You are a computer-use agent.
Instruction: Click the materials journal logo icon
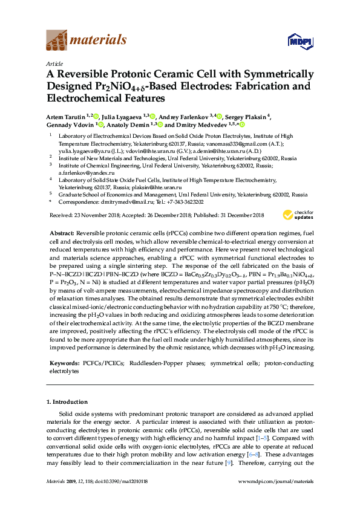pos(56,41)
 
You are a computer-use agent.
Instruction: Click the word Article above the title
pos(54,63)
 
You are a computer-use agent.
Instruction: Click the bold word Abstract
pos(62,233)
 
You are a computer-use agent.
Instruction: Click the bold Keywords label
pos(63,363)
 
